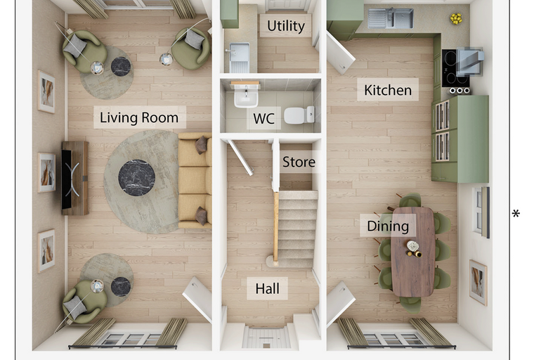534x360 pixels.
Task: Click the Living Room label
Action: coord(139,117)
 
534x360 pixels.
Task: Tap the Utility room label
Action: coord(286,26)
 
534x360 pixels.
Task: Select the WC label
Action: coord(263,119)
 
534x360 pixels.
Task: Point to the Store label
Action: coord(299,162)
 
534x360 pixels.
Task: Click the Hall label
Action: coord(267,289)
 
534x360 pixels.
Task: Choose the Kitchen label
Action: coord(388,90)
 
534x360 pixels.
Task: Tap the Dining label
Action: coord(388,226)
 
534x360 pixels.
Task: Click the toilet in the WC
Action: coord(299,115)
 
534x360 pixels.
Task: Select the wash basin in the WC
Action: coord(246,95)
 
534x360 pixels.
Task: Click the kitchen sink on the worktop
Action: coord(391,18)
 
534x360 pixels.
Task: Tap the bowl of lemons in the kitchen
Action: coord(456,18)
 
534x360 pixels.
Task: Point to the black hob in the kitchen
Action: coord(455,68)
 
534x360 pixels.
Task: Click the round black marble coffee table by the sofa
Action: coord(136,178)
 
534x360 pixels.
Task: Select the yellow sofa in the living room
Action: coord(195,180)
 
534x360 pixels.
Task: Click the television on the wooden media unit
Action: coord(67,179)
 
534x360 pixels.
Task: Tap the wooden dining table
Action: coord(413,252)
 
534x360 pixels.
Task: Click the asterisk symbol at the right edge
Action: coord(516,214)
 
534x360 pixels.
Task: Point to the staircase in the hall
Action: coord(296,229)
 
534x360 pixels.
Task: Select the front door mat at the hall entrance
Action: coord(267,337)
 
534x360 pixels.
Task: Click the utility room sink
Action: coord(240,57)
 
